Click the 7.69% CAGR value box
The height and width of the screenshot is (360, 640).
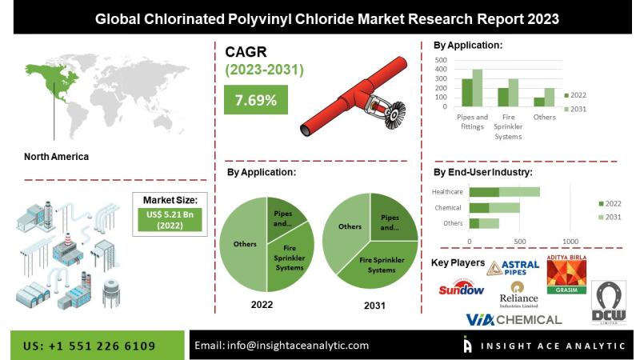tap(256, 99)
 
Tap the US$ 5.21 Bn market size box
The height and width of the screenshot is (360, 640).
tap(170, 220)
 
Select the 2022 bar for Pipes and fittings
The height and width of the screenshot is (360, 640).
tap(467, 93)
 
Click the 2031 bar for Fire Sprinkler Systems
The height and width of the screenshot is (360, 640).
tap(514, 93)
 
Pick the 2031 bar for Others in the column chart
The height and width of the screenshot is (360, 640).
tap(550, 98)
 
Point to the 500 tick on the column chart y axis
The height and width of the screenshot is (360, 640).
tap(441, 60)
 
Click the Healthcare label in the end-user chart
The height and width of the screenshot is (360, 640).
tap(447, 192)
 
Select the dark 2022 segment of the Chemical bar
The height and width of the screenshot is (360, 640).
tap(479, 208)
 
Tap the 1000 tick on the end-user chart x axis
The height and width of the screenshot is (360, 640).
tap(570, 242)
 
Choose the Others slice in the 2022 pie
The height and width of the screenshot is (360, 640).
tap(243, 244)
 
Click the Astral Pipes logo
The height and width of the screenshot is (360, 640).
tap(513, 268)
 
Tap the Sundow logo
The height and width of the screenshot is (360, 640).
tap(462, 288)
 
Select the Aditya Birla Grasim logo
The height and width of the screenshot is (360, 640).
tap(566, 274)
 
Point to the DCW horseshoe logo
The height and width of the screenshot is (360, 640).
tap(609, 302)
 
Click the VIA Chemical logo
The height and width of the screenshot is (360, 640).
tap(514, 319)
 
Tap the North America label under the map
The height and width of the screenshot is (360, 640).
tap(56, 157)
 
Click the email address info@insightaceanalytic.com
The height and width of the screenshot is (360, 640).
tap(298, 346)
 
